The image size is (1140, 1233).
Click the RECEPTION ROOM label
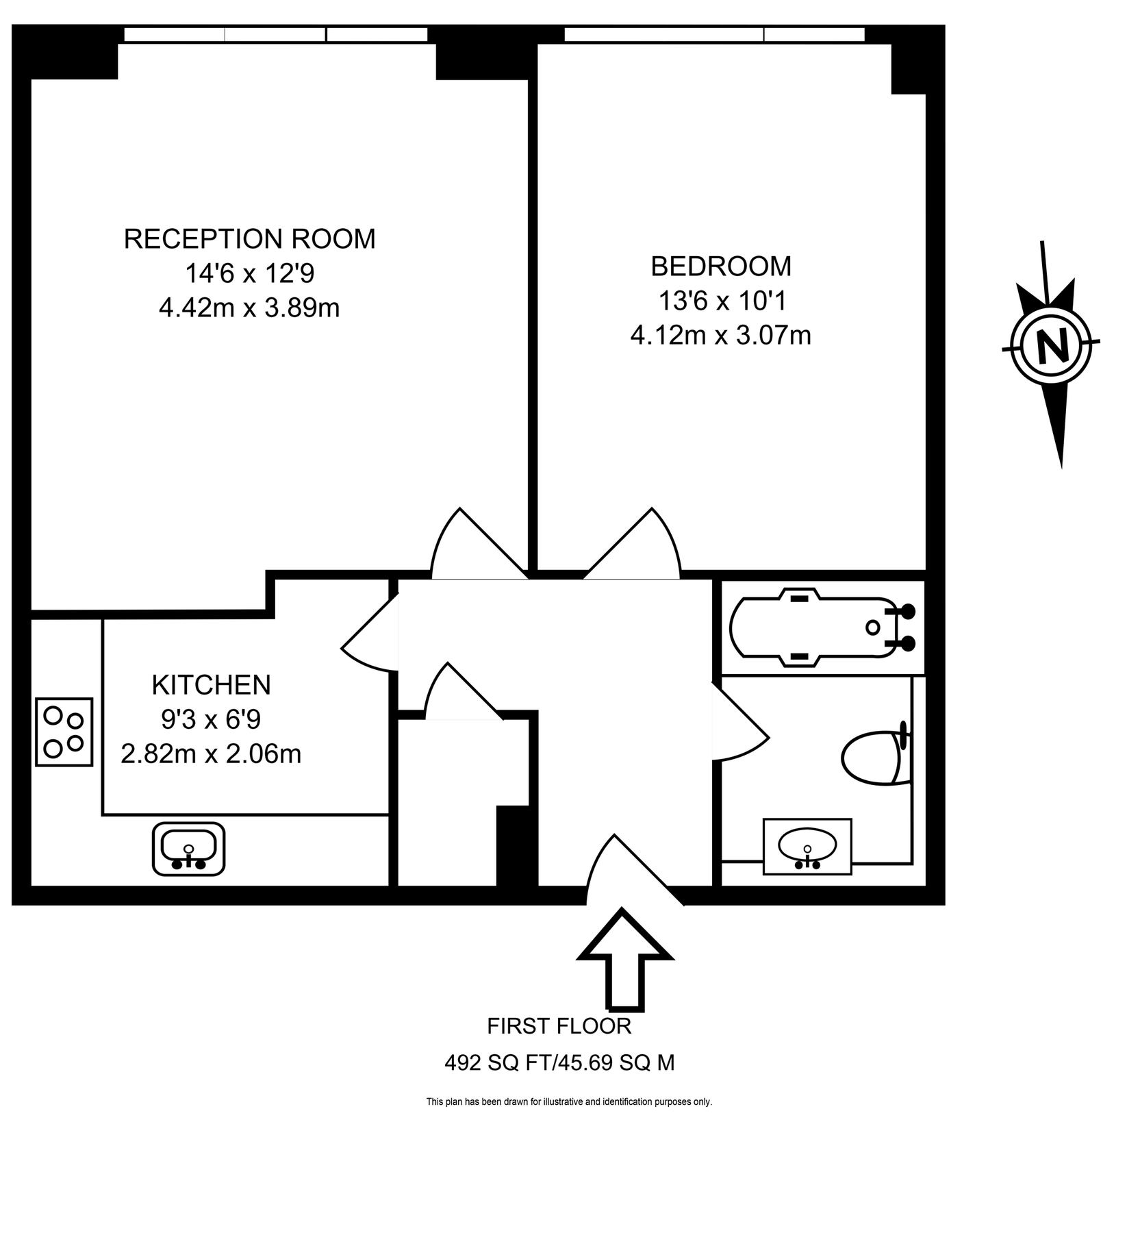click(x=249, y=239)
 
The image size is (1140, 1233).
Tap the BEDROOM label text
click(x=720, y=266)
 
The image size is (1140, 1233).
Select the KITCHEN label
click(x=211, y=684)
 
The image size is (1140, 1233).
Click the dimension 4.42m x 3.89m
click(x=249, y=308)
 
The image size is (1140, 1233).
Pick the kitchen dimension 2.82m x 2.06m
click(x=211, y=754)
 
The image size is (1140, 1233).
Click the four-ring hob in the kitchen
click(x=64, y=732)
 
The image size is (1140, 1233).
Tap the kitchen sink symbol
click(x=188, y=848)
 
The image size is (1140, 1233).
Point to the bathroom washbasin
click(x=807, y=846)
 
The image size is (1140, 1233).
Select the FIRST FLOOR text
click(x=559, y=1026)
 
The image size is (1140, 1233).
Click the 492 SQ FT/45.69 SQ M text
click(x=559, y=1062)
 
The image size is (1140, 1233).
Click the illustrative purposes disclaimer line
click(x=569, y=1102)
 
